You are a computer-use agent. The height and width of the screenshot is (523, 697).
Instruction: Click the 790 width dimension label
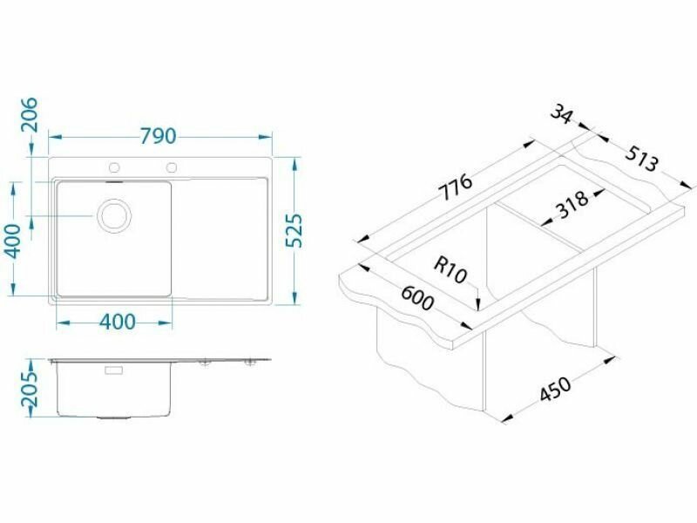coord(159,136)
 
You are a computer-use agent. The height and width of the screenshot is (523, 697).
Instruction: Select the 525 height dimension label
coord(294,231)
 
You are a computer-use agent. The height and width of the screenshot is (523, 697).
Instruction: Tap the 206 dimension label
coord(30,115)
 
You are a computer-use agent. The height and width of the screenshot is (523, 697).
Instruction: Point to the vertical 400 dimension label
coord(12,241)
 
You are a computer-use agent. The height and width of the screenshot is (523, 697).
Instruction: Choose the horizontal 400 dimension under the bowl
coord(118,322)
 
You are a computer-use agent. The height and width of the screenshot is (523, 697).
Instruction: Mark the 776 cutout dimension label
coord(455,187)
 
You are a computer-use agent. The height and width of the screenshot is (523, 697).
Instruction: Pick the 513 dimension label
coord(640,159)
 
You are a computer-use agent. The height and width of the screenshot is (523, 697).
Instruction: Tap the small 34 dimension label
coord(561,115)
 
